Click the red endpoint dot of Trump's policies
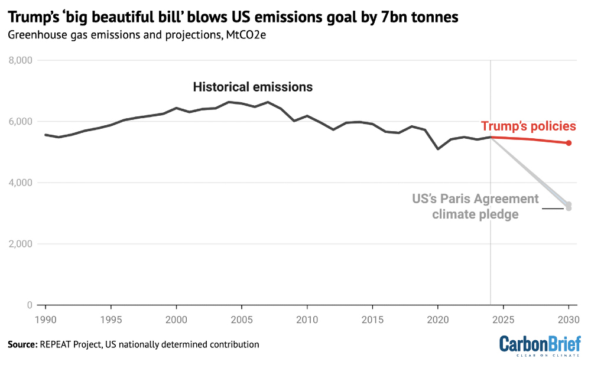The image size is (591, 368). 569,143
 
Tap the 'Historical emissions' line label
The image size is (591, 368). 252,87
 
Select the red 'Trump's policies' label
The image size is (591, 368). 528,126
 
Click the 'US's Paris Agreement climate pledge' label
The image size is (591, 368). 475,206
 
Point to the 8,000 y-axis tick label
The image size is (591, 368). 20,60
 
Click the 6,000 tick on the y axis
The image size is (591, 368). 20,122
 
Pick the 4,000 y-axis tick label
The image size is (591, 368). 20,183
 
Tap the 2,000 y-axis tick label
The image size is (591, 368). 20,244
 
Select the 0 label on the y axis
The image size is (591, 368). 30,305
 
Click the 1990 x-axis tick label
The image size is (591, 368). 46,320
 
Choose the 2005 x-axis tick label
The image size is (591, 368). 242,320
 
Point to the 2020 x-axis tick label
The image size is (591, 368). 438,320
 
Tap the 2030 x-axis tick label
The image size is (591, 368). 569,320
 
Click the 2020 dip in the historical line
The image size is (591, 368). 437,149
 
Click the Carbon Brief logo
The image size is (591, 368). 540,346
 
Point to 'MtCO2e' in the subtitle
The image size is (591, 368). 246,35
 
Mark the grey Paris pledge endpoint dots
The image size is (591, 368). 569,206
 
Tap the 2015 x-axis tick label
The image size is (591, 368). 372,320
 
